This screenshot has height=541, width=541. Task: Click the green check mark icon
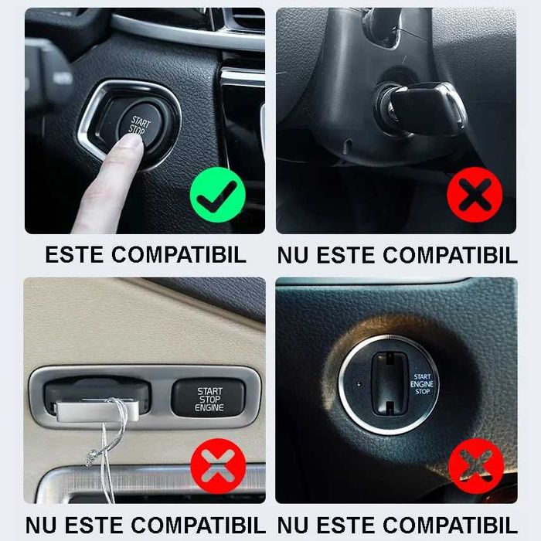tap(217, 199)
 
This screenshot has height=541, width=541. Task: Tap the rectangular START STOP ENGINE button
tap(209, 399)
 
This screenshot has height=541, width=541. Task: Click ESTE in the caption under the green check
tap(74, 255)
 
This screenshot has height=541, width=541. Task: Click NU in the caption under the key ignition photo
tap(292, 255)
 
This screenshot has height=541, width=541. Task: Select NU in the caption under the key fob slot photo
tap(41, 526)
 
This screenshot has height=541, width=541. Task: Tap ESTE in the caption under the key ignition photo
tap(341, 255)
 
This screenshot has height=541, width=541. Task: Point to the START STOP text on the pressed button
tap(140, 125)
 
